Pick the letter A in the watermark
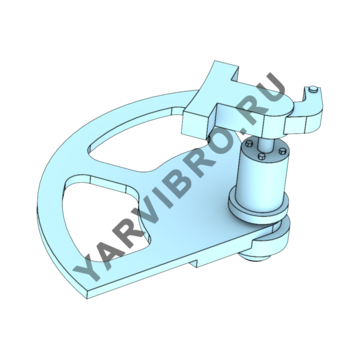pyautogui.click(x=105, y=248)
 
